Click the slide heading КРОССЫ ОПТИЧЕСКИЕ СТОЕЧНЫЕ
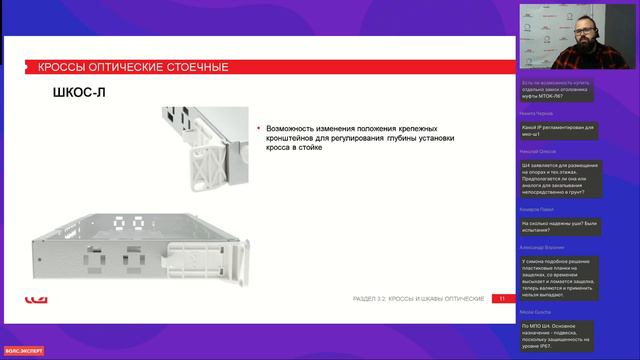click(x=132, y=67)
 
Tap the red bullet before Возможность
click(x=258, y=128)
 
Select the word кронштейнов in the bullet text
click(x=295, y=138)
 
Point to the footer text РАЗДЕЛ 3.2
click(x=372, y=298)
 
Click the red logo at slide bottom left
click(x=33, y=298)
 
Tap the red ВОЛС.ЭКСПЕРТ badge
click(x=22, y=350)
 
